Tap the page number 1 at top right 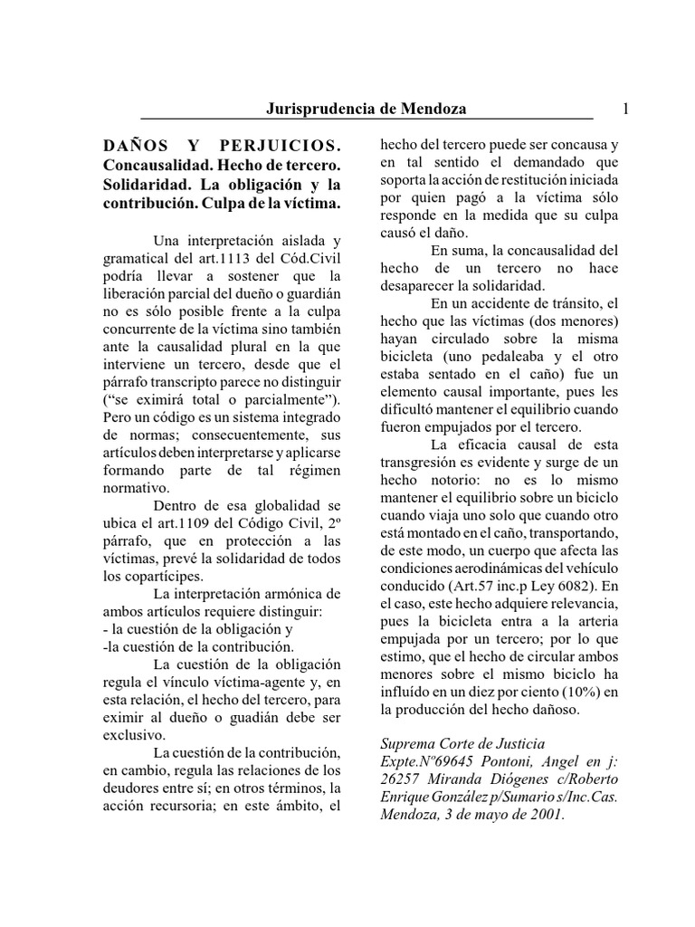pos(625,109)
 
